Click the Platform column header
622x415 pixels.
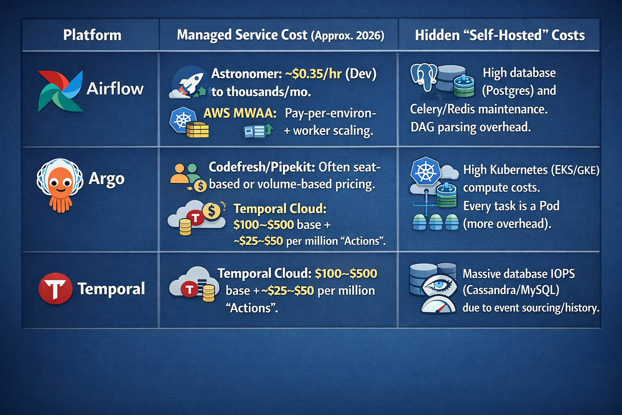tap(92, 35)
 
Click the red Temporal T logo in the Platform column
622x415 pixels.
tap(55, 289)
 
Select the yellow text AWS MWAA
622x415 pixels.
tap(240, 113)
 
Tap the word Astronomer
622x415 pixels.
tap(246, 74)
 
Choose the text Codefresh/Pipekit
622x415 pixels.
tap(262, 167)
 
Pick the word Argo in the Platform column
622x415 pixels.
tap(107, 179)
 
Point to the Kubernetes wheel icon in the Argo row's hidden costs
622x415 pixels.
tap(425, 171)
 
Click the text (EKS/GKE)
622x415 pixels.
tap(575, 170)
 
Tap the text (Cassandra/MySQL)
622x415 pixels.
tap(511, 290)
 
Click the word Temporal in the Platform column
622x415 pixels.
tap(111, 289)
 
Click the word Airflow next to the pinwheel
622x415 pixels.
tap(115, 89)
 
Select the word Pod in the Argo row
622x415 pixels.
tap(549, 206)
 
